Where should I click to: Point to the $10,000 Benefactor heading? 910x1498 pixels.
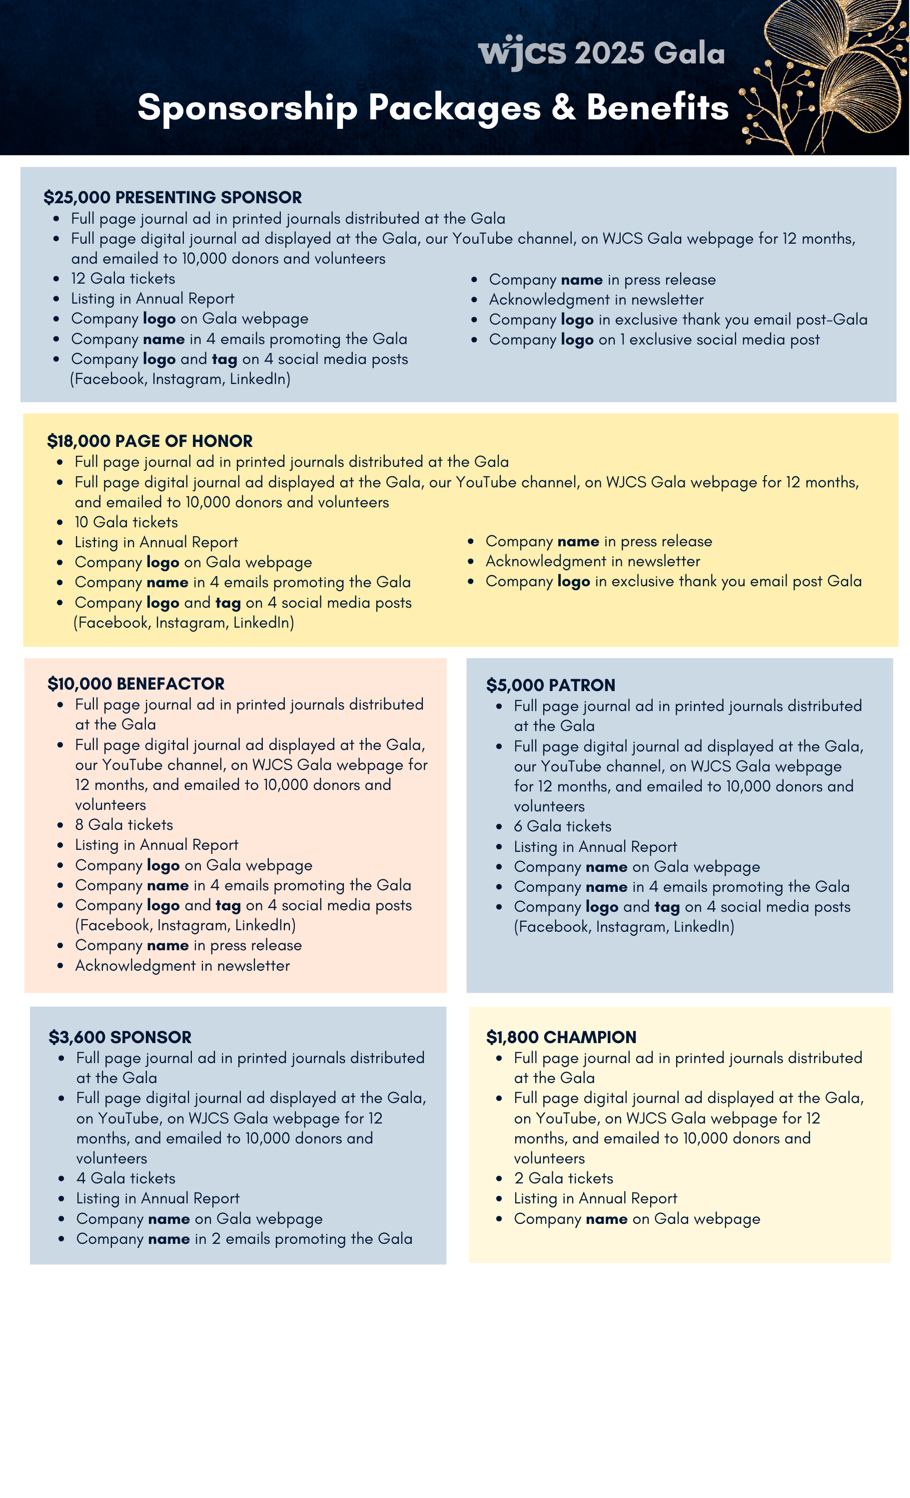tap(136, 684)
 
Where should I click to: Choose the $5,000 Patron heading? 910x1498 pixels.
tap(551, 685)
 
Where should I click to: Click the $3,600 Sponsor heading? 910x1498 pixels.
tap(120, 1037)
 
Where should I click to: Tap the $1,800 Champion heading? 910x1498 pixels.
tap(561, 1037)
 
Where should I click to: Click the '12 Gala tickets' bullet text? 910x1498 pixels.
tap(123, 279)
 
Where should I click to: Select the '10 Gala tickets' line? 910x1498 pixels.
tap(126, 522)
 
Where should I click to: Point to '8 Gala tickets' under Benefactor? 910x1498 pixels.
tap(124, 824)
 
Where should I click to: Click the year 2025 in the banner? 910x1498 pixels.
tap(610, 53)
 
